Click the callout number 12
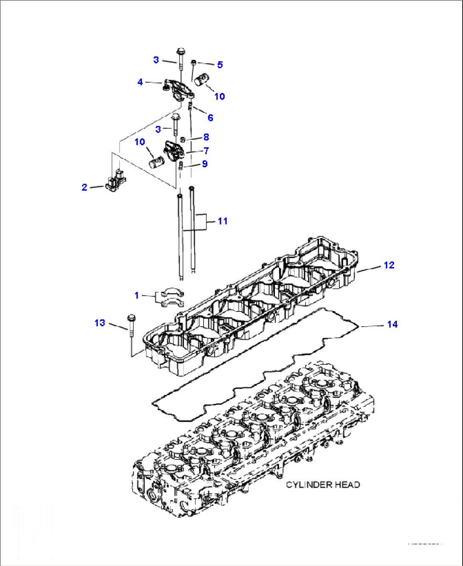click(389, 265)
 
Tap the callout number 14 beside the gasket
click(392, 324)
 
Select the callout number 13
click(99, 323)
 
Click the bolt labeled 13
click(130, 326)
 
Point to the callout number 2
click(84, 187)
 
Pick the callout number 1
click(136, 295)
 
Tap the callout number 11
click(223, 221)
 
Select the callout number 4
click(140, 82)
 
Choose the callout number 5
click(220, 64)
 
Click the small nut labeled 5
click(193, 63)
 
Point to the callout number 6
click(210, 118)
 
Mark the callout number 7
click(206, 151)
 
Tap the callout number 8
click(206, 137)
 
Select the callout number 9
click(205, 164)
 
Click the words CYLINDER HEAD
click(323, 485)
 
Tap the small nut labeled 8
click(183, 140)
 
